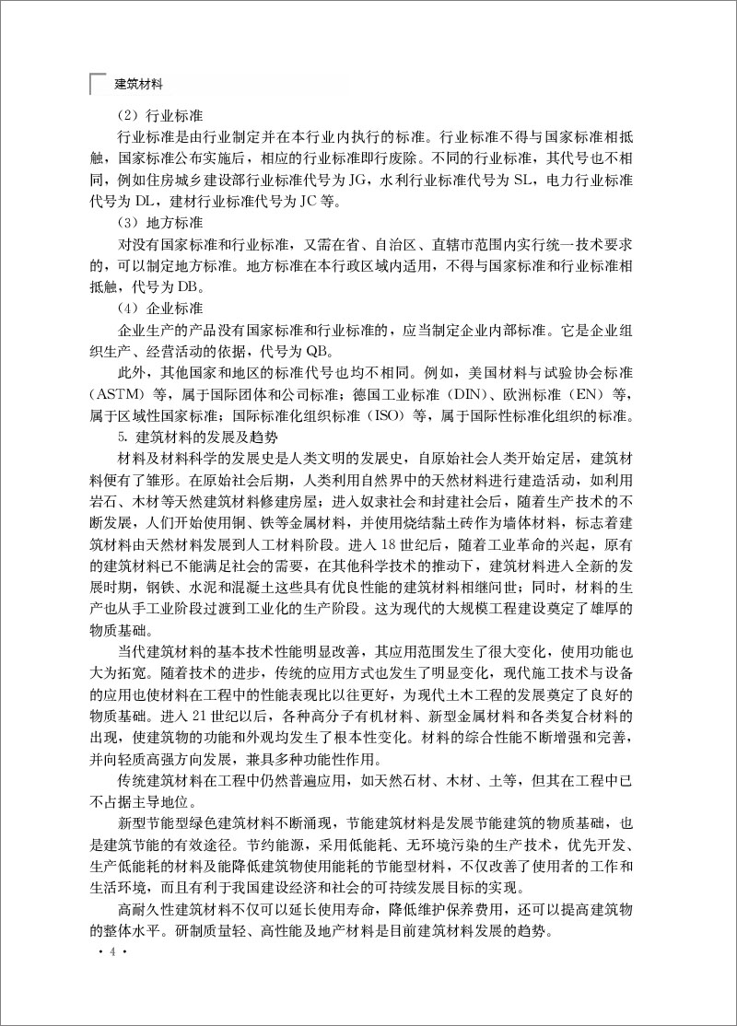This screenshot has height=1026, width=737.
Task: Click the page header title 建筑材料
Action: click(138, 84)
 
